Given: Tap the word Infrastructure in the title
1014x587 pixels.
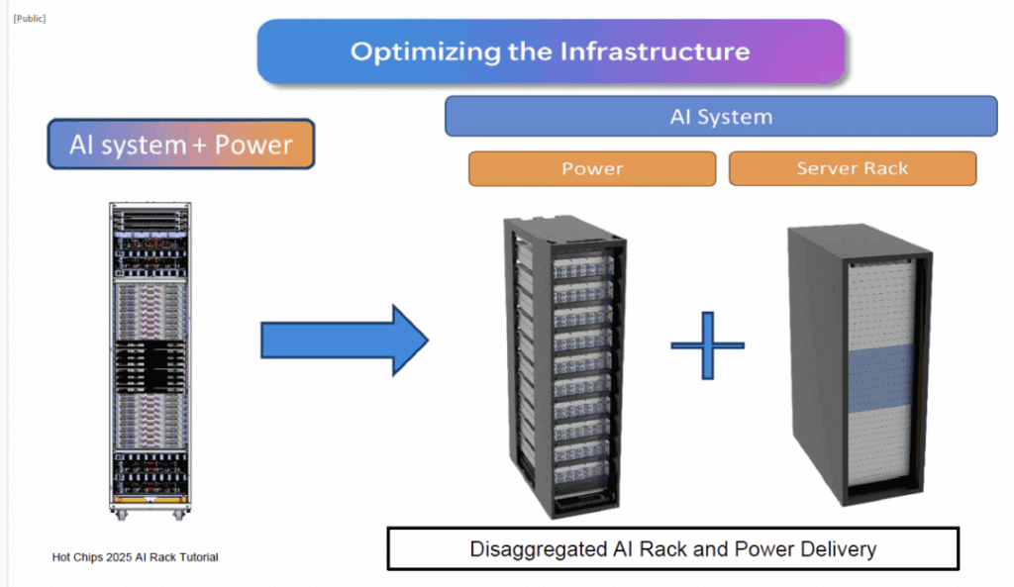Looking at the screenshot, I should click(657, 51).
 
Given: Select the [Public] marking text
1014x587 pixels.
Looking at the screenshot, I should click(29, 19).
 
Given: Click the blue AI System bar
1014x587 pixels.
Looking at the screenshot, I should click(720, 116).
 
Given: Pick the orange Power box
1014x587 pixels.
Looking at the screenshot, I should click(592, 168).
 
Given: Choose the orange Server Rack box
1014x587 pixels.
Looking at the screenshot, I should click(852, 168).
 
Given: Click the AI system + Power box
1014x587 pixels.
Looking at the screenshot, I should click(180, 146).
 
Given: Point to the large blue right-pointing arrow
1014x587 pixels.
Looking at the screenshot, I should click(343, 341).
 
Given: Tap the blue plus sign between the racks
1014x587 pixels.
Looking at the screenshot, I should click(707, 344).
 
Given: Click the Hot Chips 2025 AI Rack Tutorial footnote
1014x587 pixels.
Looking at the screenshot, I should click(135, 557).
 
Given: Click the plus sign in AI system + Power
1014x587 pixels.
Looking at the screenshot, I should click(200, 146).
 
